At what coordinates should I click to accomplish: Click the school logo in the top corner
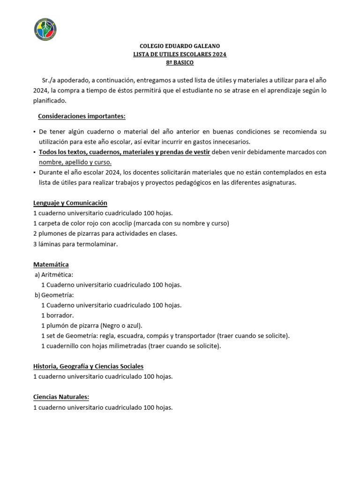tap(45, 29)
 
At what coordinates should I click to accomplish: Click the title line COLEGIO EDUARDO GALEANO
tap(180, 46)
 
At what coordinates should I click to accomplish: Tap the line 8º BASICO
tap(180, 62)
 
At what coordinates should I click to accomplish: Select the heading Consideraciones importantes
tap(82, 116)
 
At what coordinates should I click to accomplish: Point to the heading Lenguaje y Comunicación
tap(70, 203)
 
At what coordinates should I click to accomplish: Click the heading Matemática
tap(51, 264)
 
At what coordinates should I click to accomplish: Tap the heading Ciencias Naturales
tap(61, 397)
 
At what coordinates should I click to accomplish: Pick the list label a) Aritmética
tap(54, 275)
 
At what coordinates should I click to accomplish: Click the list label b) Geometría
tap(54, 295)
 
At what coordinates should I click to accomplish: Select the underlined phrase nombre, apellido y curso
tap(75, 162)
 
